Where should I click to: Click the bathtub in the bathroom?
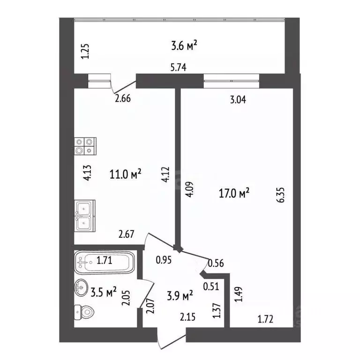pos(104,262)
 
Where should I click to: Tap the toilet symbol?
pos(84,312)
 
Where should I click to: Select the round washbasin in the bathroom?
pos(81,287)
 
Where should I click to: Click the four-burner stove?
pos(85,146)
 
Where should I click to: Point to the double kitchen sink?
pos(85,216)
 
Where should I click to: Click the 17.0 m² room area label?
pos(234,193)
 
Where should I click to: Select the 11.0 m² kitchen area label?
pos(125,174)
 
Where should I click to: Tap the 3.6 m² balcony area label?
pos(184,45)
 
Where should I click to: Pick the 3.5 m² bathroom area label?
pos(104,292)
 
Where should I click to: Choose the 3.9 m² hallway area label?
pos(180,295)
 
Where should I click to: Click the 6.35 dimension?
pos(281,195)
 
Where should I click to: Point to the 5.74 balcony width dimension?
pos(179,67)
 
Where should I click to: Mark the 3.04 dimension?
pos(238,100)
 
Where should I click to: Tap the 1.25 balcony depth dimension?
pos(85,52)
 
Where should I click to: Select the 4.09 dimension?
pos(190,189)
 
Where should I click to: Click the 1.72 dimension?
pos(265,319)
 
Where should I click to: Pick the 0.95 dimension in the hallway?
pos(164,260)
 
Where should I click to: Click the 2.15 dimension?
pos(187,317)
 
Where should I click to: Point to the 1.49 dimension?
pos(238,294)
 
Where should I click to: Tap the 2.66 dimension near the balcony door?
pos(123,98)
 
